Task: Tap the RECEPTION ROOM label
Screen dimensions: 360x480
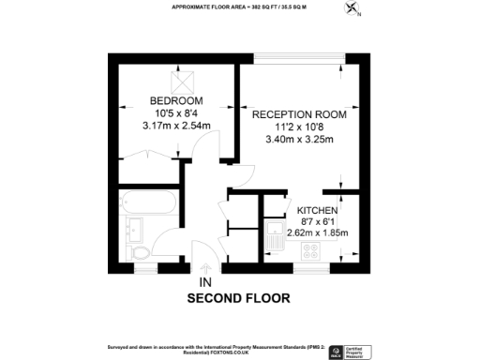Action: click(x=299, y=113)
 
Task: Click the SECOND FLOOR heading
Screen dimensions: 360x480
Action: click(x=239, y=298)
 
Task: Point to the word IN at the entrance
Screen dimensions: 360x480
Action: click(x=204, y=280)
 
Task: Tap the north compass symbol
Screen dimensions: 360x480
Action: click(x=352, y=10)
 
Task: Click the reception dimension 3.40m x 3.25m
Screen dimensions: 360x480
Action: click(x=299, y=140)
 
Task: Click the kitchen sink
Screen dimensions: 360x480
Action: click(x=275, y=232)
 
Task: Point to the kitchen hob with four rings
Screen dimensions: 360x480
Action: click(x=310, y=251)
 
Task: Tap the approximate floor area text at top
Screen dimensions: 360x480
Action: click(x=239, y=7)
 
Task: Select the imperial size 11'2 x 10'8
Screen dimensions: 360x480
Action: click(x=299, y=127)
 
